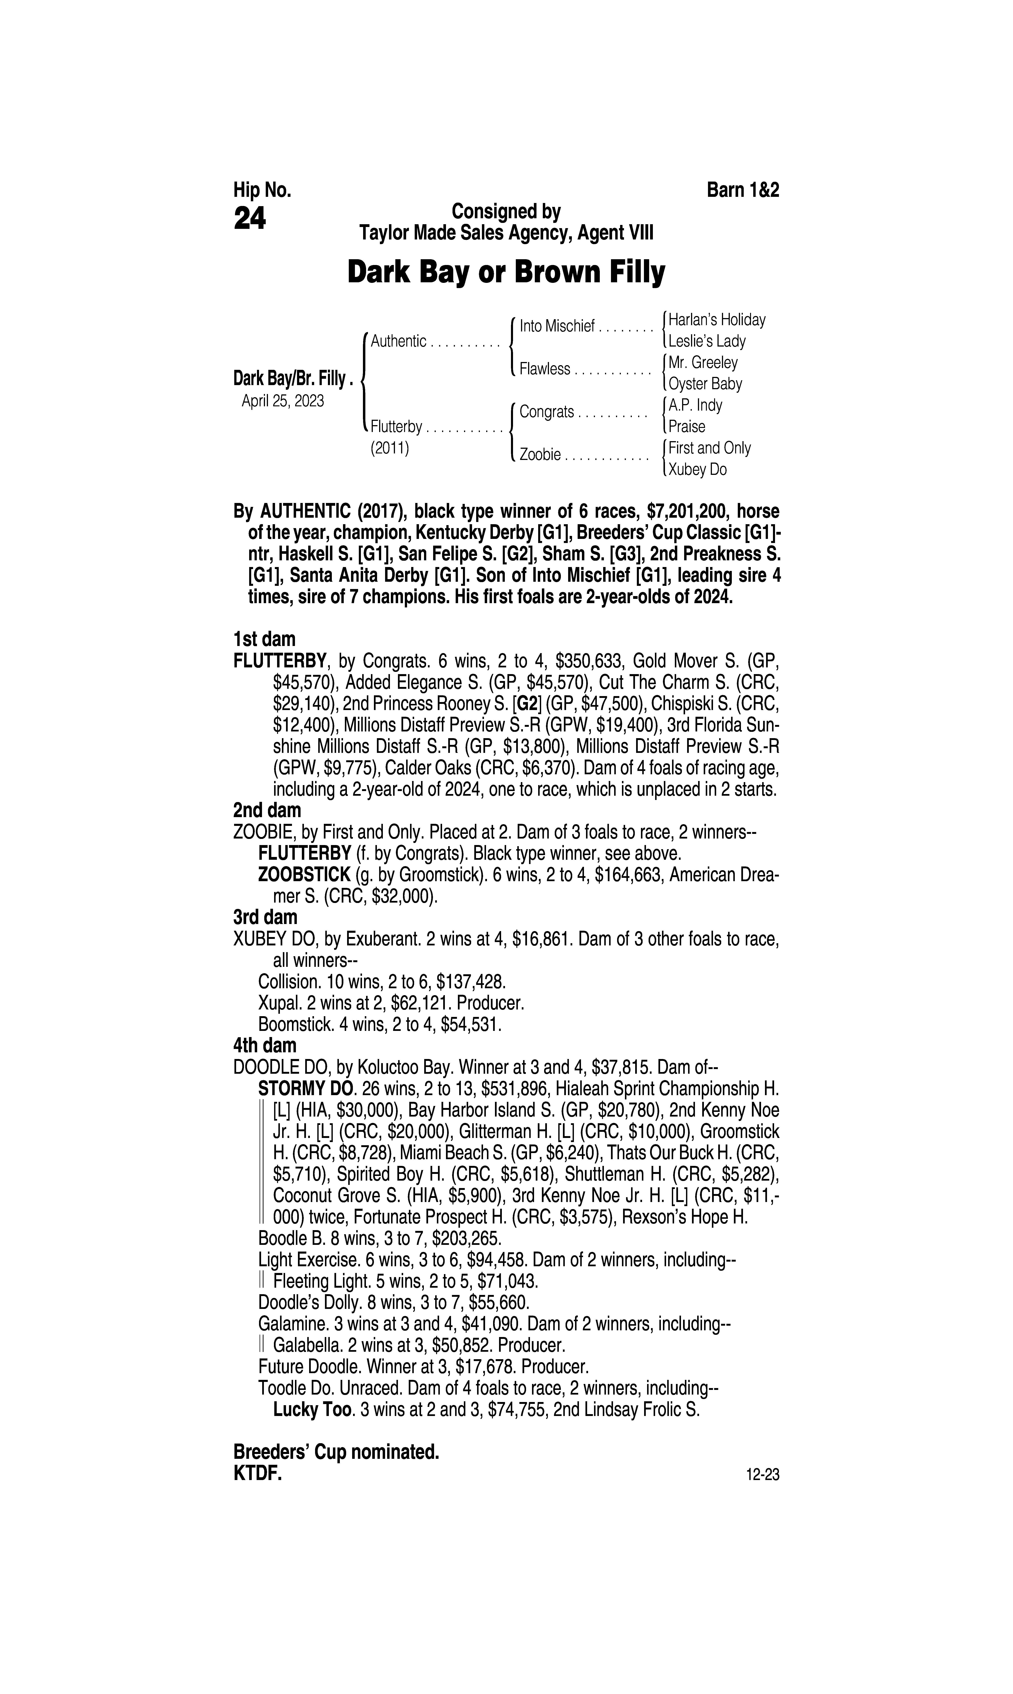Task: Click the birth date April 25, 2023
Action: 283,401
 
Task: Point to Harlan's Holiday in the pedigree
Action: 717,319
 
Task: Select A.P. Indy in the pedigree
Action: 695,405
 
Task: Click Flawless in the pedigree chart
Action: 544,369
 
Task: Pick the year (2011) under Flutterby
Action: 390,448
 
